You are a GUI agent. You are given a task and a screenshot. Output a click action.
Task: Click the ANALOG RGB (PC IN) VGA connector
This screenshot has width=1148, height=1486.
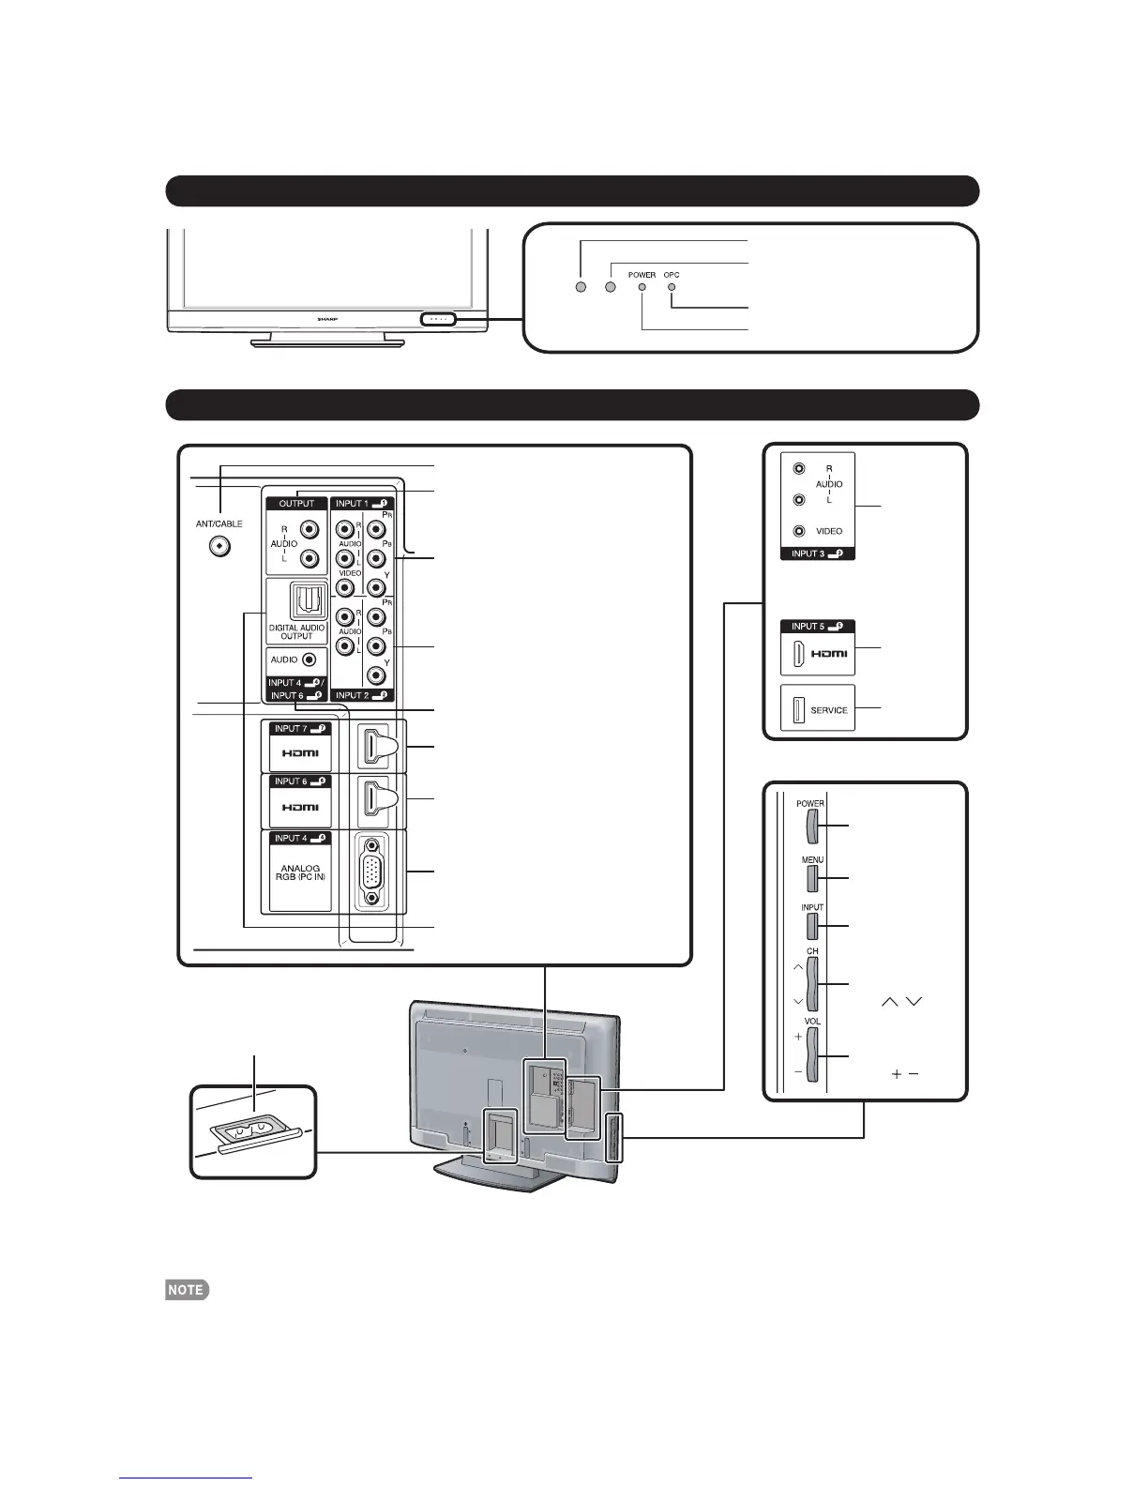(x=373, y=870)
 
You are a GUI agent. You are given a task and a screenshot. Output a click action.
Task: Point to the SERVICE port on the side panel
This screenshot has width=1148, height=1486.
(x=795, y=709)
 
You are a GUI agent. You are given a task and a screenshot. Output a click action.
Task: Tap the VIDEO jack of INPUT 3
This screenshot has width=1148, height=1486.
(x=798, y=530)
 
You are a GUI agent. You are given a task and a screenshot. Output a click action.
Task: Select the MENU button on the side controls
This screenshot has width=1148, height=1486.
(x=812, y=877)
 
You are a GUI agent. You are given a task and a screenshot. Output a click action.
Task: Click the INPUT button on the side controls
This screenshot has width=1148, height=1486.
(x=812, y=926)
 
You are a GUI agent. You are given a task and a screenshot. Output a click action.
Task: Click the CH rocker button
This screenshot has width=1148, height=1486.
(x=812, y=982)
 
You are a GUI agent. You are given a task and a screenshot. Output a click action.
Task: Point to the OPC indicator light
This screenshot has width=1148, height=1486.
(x=671, y=287)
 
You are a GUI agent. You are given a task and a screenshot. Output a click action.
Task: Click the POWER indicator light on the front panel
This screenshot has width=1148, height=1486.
(x=642, y=287)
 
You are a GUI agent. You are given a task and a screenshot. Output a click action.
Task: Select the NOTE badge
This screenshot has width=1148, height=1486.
(x=187, y=1289)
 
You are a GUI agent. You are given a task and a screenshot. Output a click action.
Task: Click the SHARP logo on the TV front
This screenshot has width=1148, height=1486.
(x=322, y=320)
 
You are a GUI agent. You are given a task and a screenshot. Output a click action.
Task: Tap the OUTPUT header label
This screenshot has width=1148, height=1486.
(x=296, y=504)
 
